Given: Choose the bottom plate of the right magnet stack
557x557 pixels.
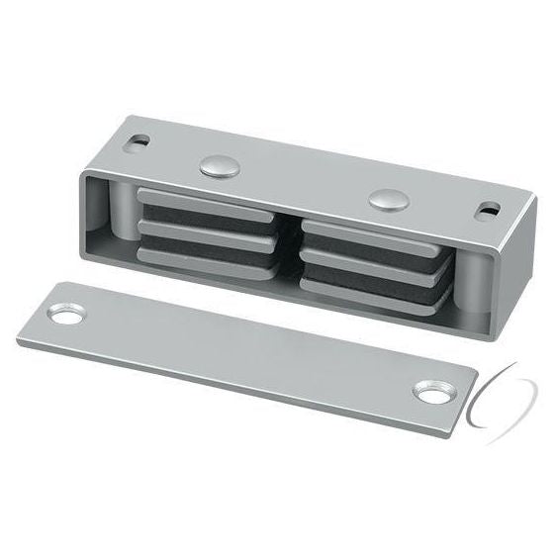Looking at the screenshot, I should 371,290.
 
